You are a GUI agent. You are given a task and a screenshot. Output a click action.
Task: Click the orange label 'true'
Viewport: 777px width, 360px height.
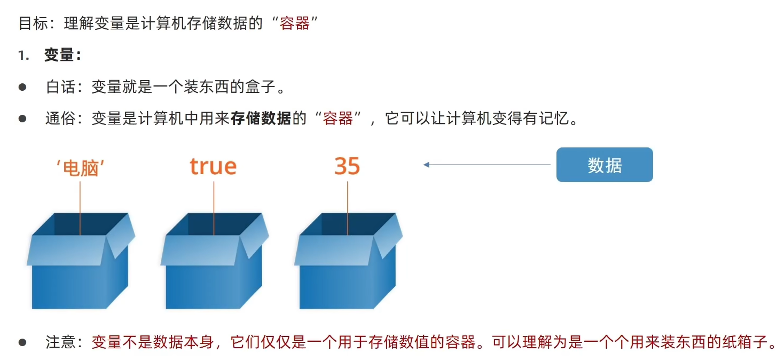tap(213, 166)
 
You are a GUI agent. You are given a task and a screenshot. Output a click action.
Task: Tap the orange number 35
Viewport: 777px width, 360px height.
tap(347, 166)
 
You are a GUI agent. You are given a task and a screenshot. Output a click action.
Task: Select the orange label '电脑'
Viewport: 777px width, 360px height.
tap(80, 168)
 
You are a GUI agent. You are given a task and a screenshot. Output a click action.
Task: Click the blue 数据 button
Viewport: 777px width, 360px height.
tap(605, 165)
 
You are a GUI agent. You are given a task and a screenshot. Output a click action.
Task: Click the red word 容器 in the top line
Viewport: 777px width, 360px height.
tap(295, 24)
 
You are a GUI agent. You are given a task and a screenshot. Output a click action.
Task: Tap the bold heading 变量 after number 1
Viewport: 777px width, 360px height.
tap(59, 55)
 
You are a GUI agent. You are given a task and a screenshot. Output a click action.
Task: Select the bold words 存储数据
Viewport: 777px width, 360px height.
tap(261, 118)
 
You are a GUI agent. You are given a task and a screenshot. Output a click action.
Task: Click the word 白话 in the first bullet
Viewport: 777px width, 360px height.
tap(61, 87)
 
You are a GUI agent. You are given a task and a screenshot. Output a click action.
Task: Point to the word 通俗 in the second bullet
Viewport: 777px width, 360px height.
tap(61, 118)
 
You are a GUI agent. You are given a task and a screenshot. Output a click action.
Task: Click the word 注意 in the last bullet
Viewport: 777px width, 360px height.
tap(61, 342)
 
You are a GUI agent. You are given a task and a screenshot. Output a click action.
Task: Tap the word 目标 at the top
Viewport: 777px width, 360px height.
tap(33, 24)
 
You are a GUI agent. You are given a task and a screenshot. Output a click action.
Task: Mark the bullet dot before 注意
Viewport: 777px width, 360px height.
tap(22, 342)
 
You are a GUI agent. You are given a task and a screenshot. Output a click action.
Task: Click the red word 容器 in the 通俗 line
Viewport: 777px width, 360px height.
tap(338, 118)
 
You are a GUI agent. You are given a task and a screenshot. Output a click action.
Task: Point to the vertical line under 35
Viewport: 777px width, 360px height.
tap(348, 208)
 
